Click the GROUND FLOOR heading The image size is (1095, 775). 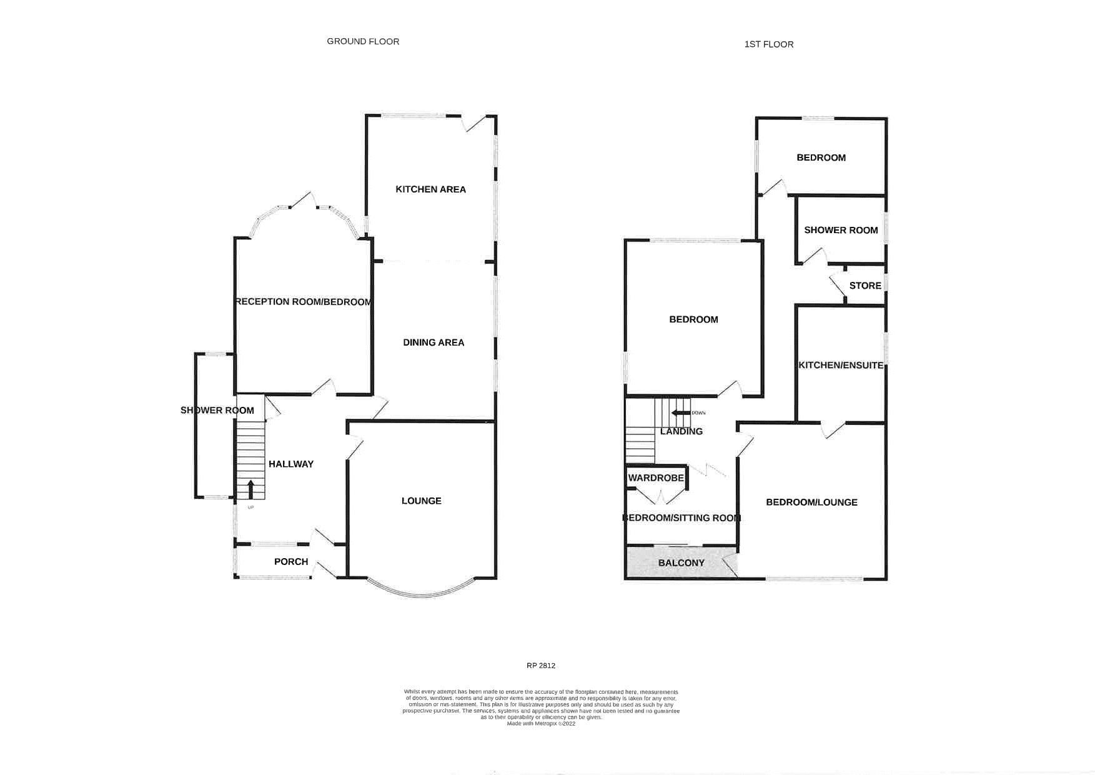(x=363, y=41)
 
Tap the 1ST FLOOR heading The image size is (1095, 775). (x=769, y=44)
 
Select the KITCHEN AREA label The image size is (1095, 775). (x=430, y=189)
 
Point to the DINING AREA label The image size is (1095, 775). (x=433, y=342)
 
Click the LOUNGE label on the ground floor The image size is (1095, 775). (x=421, y=501)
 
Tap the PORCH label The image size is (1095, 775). (x=291, y=562)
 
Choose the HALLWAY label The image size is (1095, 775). (x=290, y=464)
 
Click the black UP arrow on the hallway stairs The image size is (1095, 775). (x=251, y=488)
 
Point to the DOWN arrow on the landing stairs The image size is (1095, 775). (x=678, y=412)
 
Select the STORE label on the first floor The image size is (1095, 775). (x=865, y=286)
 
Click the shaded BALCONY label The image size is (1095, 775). (x=681, y=562)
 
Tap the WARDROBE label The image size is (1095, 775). (x=656, y=478)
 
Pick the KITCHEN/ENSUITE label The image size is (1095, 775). (x=841, y=365)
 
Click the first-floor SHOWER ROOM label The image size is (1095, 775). (x=841, y=230)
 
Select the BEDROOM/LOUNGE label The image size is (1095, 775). (x=811, y=502)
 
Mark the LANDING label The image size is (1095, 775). (x=681, y=431)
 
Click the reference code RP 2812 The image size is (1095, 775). (x=541, y=666)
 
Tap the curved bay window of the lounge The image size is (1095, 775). (x=421, y=592)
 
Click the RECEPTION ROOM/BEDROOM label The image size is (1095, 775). (x=304, y=302)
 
